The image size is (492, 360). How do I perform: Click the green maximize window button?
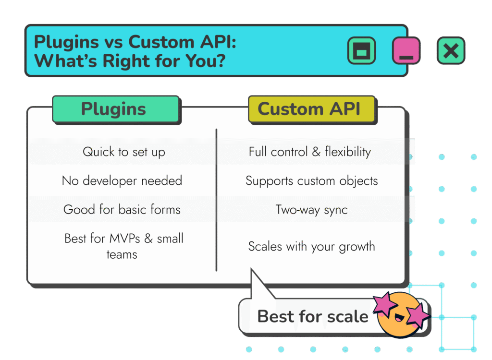click(x=361, y=50)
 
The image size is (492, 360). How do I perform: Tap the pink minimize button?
click(x=406, y=50)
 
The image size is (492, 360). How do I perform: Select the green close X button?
click(x=451, y=50)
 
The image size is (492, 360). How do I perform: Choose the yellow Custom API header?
click(x=312, y=109)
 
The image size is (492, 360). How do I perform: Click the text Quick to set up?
click(x=124, y=152)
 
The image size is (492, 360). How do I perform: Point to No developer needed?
click(x=122, y=180)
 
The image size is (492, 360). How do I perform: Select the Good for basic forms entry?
click(x=122, y=209)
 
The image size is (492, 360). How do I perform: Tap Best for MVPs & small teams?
click(x=123, y=247)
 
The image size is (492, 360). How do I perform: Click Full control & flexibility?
click(x=310, y=152)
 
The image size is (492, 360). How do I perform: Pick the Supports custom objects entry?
click(x=311, y=181)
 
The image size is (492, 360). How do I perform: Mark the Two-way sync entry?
click(x=311, y=210)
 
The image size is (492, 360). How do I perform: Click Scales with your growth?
click(x=311, y=247)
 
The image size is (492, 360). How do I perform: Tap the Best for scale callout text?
click(x=312, y=316)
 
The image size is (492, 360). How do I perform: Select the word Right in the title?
click(x=127, y=61)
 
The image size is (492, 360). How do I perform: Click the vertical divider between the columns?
click(x=216, y=200)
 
